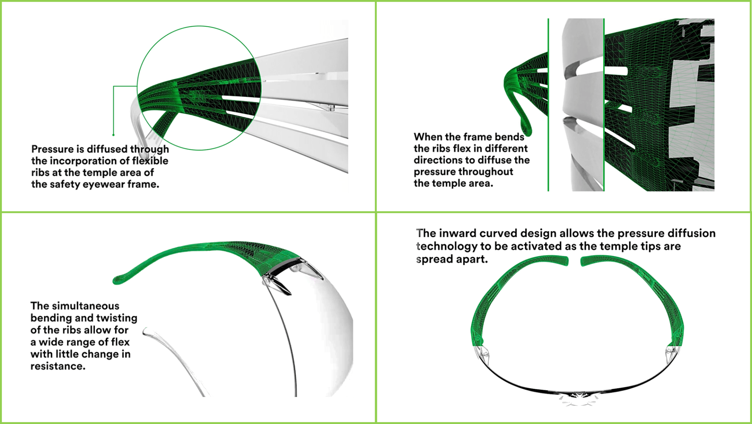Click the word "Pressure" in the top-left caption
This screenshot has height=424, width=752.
[52, 149]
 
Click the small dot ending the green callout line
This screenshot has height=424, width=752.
[113, 135]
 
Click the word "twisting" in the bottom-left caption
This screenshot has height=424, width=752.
[117, 318]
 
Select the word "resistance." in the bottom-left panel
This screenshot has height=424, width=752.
[58, 366]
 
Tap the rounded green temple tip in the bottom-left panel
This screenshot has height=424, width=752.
[117, 280]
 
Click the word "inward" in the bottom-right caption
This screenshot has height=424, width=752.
[457, 233]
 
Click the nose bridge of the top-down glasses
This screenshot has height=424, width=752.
[578, 398]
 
